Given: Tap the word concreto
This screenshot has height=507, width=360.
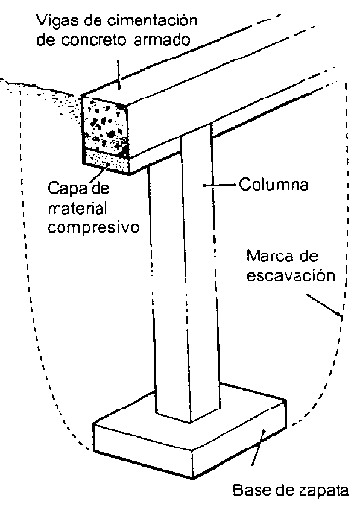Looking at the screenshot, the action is coord(96,40).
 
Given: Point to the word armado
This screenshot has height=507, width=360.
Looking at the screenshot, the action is coord(162,40).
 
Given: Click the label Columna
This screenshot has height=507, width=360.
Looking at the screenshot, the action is coord(273,185).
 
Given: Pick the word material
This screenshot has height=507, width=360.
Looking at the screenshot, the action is coord(77,208).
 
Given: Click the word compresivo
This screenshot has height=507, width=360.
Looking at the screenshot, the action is coord(94,228).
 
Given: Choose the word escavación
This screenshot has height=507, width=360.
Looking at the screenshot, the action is coord(291,276).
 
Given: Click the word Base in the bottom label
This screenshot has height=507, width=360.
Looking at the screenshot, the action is coord(249,490).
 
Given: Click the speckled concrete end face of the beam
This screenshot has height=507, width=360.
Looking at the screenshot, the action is coord(104,124).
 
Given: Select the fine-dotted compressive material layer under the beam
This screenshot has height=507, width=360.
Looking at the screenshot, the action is coord(105,160).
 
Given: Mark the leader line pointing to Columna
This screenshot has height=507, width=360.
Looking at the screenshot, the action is coord(220,185).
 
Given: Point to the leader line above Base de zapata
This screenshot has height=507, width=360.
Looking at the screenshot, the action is coord(259,448).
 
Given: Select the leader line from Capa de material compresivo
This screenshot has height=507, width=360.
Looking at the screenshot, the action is coord(100,174).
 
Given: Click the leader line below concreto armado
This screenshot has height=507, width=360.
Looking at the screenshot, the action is coord(119,74).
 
